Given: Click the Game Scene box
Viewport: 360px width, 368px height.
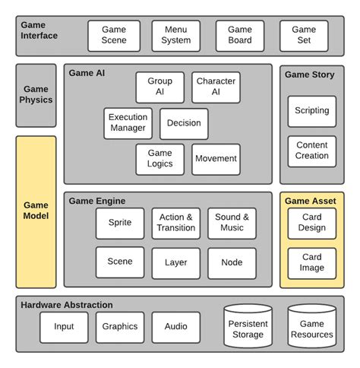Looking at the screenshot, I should (113, 36).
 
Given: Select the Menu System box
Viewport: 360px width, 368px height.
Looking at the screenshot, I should (176, 36).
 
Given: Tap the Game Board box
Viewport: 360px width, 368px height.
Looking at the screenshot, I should (240, 36).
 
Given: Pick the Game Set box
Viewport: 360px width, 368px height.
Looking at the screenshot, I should (303, 36).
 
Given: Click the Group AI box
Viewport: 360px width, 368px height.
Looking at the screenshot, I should (159, 87).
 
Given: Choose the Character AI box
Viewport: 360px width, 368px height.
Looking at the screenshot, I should (216, 87).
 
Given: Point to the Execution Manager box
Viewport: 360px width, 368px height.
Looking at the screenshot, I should (128, 123).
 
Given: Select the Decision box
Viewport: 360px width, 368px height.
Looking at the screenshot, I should (184, 123).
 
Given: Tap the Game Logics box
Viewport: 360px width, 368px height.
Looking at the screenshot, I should (159, 159).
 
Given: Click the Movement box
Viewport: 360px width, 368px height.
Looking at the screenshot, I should (216, 159).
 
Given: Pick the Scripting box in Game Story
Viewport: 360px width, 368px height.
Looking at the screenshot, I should (311, 111).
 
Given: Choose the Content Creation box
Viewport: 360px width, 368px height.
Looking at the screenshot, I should (311, 151).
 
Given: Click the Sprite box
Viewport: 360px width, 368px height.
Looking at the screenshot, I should (120, 223).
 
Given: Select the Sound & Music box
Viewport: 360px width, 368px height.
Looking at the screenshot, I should (232, 223).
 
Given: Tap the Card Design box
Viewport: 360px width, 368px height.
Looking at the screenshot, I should (311, 223).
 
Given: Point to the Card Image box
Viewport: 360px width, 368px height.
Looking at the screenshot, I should (311, 262).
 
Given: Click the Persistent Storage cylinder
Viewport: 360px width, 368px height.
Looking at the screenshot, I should (248, 328).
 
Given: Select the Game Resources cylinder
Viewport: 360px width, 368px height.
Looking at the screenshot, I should (311, 328).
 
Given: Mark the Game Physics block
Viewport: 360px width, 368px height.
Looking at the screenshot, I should (36, 94).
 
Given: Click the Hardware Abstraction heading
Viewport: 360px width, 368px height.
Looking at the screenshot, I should (67, 305).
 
